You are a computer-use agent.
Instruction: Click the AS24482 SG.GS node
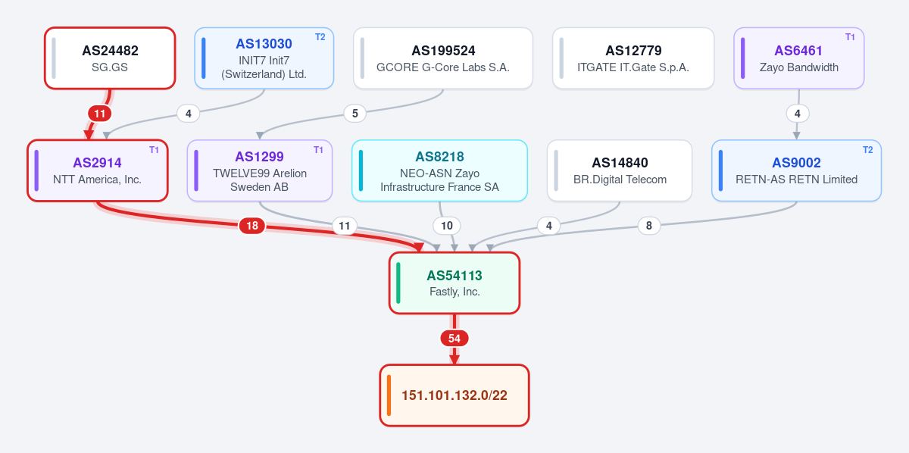pyautogui.click(x=110, y=58)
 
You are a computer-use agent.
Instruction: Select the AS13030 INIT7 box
pyautogui.click(x=264, y=58)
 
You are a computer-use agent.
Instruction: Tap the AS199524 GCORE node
pyautogui.click(x=443, y=58)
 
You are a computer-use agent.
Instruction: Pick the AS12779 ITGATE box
pyautogui.click(x=633, y=58)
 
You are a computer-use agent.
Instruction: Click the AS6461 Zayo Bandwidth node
pyautogui.click(x=799, y=58)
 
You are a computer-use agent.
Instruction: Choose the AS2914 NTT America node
pyautogui.click(x=98, y=170)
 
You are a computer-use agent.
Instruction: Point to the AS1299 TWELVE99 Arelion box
pyautogui.click(x=260, y=170)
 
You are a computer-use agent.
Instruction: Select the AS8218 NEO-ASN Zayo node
pyautogui.click(x=440, y=170)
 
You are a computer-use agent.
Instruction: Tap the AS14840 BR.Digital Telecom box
pyautogui.click(x=620, y=170)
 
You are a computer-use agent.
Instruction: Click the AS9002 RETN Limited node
pyautogui.click(x=797, y=170)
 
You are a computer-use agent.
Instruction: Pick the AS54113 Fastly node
pyautogui.click(x=454, y=283)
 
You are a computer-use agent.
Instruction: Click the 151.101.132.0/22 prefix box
pyautogui.click(x=454, y=395)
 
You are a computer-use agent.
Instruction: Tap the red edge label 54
pyautogui.click(x=454, y=338)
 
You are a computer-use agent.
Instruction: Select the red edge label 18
pyautogui.click(x=252, y=226)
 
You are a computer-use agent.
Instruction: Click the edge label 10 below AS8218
pyautogui.click(x=447, y=226)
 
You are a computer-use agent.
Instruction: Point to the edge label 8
pyautogui.click(x=649, y=226)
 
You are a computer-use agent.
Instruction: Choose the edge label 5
pyautogui.click(x=355, y=114)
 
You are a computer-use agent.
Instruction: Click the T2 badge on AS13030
pyautogui.click(x=320, y=37)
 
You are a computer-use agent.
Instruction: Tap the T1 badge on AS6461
pyautogui.click(x=850, y=37)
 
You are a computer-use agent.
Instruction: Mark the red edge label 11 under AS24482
pyautogui.click(x=100, y=114)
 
